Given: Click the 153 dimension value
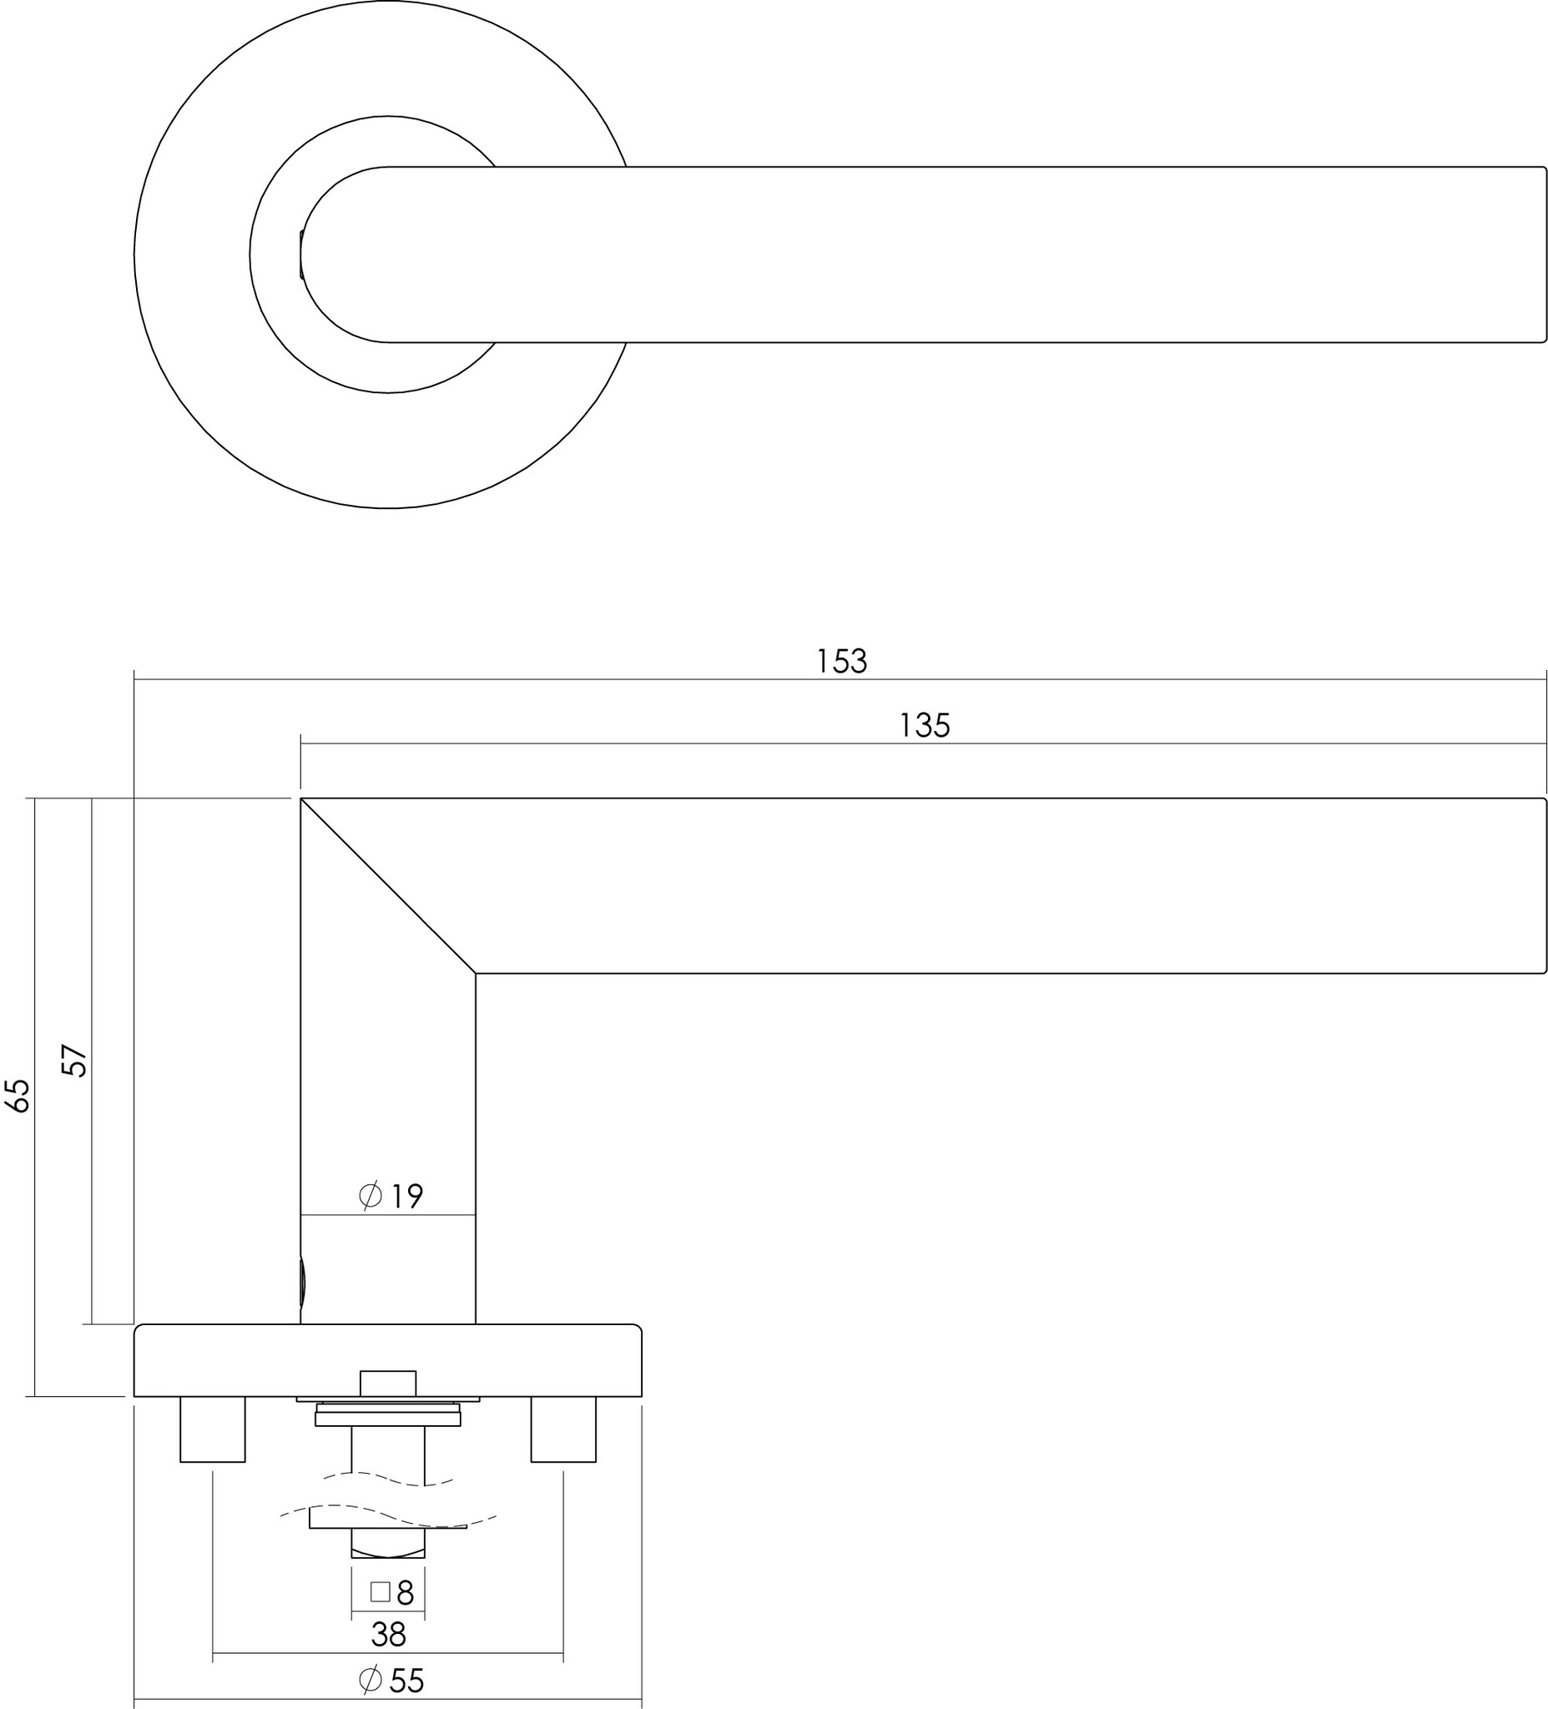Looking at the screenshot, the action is [842, 661].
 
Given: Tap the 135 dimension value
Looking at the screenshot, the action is [924, 726].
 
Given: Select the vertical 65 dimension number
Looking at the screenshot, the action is [18, 1096].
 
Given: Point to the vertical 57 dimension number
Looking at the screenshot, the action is [76, 1061].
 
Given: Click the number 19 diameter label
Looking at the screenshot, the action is [407, 1197].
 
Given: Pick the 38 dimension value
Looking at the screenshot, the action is [388, 1635].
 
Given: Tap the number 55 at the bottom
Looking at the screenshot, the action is [406, 1680].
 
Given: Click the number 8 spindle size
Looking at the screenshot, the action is [406, 1594].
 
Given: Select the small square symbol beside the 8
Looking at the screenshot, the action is [380, 1592].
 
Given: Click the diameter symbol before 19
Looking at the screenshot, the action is [371, 1196].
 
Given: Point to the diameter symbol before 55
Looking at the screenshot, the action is [370, 1679].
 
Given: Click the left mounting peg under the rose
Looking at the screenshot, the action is [213, 1429].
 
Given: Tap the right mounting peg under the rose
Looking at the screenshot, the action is [563, 1429].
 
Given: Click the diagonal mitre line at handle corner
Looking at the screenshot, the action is [388, 886].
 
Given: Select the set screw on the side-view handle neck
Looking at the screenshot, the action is [303, 1283].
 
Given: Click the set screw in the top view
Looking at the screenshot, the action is [301, 255].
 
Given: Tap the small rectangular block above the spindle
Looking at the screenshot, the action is [388, 1383].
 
